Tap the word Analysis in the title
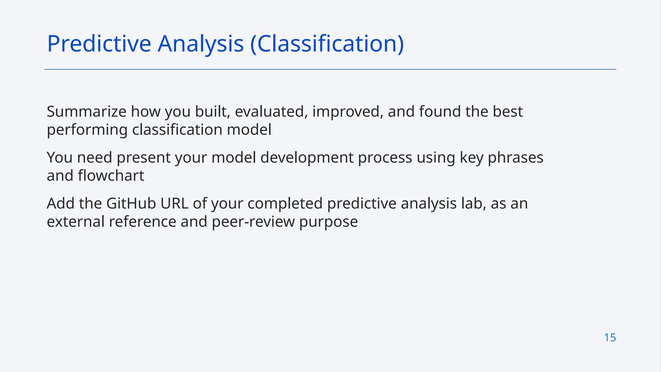[200, 44]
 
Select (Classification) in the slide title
[327, 44]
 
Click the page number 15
[610, 337]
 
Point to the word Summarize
[86, 112]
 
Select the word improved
[348, 112]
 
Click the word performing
[87, 130]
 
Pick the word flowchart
[111, 176]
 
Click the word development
[307, 158]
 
